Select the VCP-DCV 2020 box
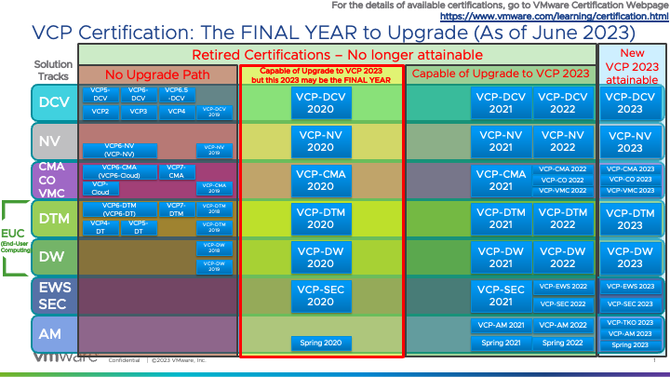coord(320,103)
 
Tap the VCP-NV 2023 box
coord(630,141)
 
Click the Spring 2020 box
coord(320,343)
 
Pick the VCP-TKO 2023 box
coord(630,322)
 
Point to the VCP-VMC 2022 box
coord(563,190)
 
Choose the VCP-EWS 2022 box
coord(563,287)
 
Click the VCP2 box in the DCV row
coord(100,112)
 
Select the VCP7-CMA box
coord(175,172)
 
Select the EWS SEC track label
coord(52,295)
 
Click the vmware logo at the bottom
coord(67,358)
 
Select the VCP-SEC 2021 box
coord(501,296)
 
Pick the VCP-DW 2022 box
coord(563,257)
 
